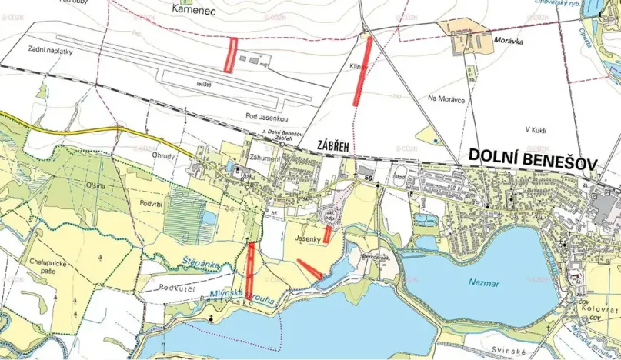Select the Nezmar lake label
[485, 283]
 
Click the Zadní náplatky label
[52, 48]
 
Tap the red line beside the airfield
[229, 55]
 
